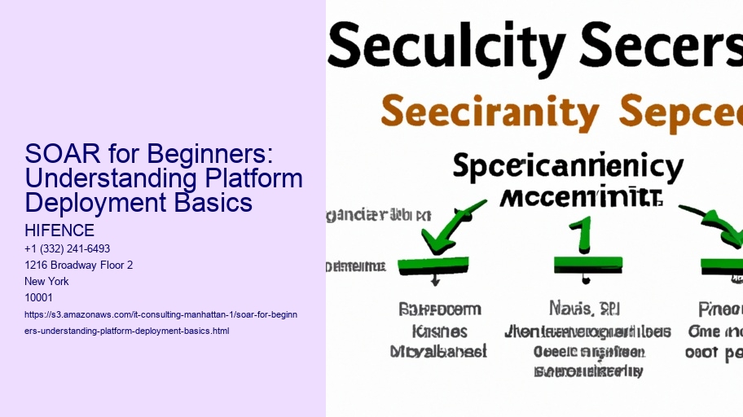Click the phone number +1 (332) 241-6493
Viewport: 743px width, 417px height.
point(68,248)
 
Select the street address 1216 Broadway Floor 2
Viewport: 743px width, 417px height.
point(80,265)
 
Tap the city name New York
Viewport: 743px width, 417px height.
point(47,281)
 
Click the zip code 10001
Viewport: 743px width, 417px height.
point(39,297)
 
